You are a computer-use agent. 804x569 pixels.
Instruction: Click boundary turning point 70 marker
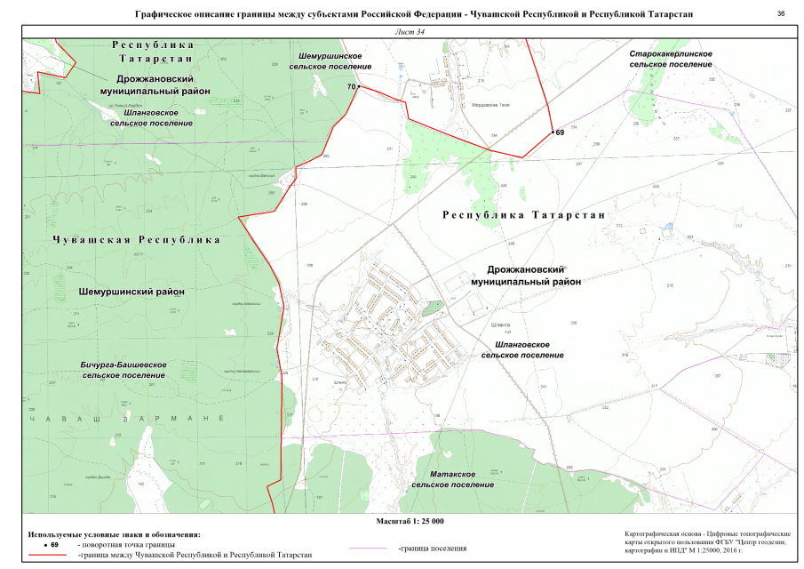(x=359, y=86)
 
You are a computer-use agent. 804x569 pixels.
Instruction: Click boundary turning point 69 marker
(x=552, y=132)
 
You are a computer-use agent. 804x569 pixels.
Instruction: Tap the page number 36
(x=781, y=14)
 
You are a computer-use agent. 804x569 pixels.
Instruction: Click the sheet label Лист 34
(x=408, y=32)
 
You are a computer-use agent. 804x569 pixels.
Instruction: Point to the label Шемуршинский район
(x=131, y=292)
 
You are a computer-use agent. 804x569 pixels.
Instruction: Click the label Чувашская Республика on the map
(x=136, y=240)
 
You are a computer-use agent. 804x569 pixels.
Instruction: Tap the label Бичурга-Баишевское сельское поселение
(x=124, y=370)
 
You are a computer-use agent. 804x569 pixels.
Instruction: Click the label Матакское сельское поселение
(x=453, y=479)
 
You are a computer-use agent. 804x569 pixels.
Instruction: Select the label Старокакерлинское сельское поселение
(x=670, y=60)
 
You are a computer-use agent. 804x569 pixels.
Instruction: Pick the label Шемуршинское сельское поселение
(x=330, y=61)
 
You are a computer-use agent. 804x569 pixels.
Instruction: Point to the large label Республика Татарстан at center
(x=523, y=215)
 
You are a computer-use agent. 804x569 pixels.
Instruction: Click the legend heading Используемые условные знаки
(x=115, y=533)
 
